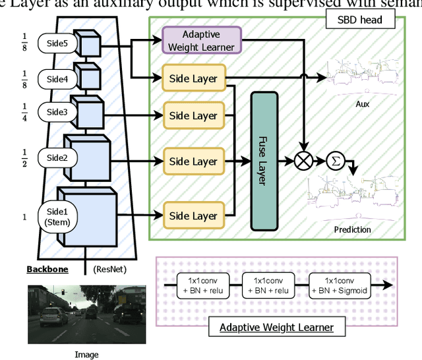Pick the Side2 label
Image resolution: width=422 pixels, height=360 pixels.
click(x=57, y=158)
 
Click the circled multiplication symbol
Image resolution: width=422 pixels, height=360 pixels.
click(x=304, y=161)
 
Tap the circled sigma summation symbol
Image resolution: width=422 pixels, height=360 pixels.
click(x=335, y=160)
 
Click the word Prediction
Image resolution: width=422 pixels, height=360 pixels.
click(x=353, y=229)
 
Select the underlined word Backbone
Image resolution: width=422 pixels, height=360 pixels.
click(x=47, y=269)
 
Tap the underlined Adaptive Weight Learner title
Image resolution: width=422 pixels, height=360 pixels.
click(x=276, y=327)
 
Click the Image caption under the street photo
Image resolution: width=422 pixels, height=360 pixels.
click(x=86, y=354)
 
